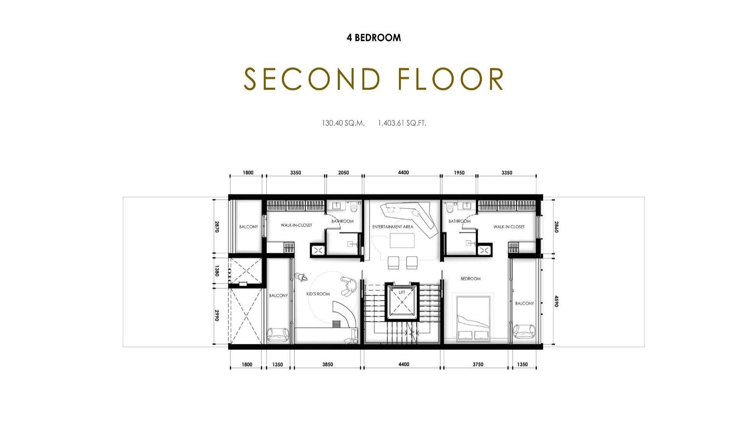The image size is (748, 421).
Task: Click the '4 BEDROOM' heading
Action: pos(374,38)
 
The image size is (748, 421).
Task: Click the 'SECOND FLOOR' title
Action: pos(374,79)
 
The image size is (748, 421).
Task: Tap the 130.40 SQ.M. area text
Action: pos(343,123)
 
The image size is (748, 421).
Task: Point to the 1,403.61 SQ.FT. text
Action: pos(402,123)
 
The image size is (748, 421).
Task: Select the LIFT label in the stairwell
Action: pos(402,292)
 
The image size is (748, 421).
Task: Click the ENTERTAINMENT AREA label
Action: pos(393,227)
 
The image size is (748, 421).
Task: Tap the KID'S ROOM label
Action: pos(318,294)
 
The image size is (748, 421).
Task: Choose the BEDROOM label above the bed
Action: pos(471,279)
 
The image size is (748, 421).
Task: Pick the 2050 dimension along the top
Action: pos(344,173)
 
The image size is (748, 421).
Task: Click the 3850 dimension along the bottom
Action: pos(328,364)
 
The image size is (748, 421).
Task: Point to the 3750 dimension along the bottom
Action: pos(478,364)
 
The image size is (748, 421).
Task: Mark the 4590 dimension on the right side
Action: pos(556,301)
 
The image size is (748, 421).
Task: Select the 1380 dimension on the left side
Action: pos(217,271)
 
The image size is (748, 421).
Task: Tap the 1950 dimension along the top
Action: pos(459,173)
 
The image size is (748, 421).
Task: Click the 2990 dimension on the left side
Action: pos(217,316)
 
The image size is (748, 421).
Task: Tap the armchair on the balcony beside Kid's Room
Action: pos(278,334)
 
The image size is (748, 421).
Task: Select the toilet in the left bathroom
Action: pos(354,207)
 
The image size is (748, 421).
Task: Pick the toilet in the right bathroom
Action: pos(450,207)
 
